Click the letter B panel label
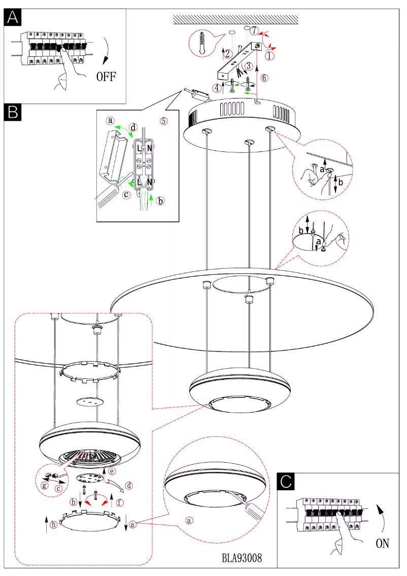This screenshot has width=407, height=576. (x=13, y=112)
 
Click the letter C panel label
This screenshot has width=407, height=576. (x=287, y=481)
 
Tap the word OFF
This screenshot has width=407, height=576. (x=106, y=77)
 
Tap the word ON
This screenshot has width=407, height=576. (x=383, y=543)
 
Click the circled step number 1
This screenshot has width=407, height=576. (x=270, y=54)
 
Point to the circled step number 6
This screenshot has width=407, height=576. (x=264, y=78)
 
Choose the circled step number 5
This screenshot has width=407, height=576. (x=163, y=121)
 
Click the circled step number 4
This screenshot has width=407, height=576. (x=217, y=87)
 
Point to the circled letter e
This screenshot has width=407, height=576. (x=112, y=471)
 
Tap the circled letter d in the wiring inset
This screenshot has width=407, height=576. (x=133, y=127)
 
